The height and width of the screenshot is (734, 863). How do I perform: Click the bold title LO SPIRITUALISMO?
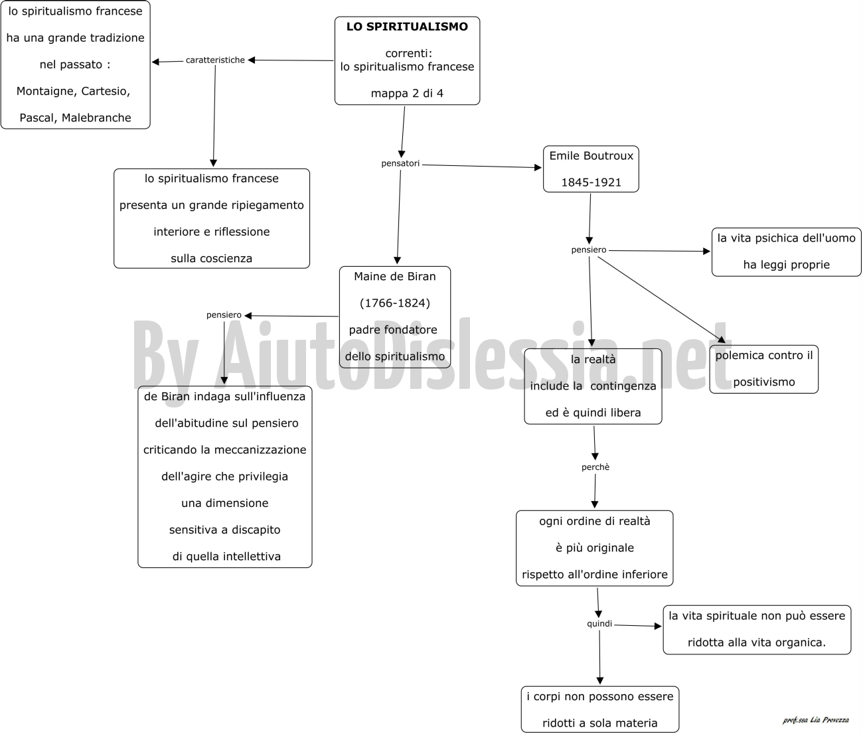pyautogui.click(x=407, y=27)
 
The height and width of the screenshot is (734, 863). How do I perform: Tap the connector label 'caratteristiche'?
pyautogui.click(x=215, y=60)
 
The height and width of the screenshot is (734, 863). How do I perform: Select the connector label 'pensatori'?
pyautogui.click(x=400, y=163)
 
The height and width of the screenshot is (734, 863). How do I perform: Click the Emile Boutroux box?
pyautogui.click(x=591, y=169)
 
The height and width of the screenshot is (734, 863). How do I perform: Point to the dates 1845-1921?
pyautogui.click(x=591, y=183)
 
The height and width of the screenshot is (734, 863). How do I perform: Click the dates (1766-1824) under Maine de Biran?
pyautogui.click(x=395, y=303)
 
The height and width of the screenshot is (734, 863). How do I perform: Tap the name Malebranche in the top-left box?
pyautogui.click(x=96, y=117)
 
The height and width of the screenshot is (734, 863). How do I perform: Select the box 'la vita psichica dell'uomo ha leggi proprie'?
pyautogui.click(x=787, y=252)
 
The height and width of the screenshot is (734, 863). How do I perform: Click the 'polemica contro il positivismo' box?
pyautogui.click(x=764, y=369)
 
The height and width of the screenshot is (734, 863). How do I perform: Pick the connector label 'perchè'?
pyautogui.click(x=595, y=467)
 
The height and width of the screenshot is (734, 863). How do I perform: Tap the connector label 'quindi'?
pyautogui.click(x=599, y=624)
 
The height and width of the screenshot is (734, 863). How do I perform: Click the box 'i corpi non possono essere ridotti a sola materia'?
pyautogui.click(x=600, y=709)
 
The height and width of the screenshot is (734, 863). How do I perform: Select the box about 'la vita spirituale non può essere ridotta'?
pyautogui.click(x=757, y=630)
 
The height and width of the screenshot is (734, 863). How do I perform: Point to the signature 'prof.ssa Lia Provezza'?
pyautogui.click(x=816, y=720)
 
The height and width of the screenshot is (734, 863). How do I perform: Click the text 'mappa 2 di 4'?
pyautogui.click(x=407, y=93)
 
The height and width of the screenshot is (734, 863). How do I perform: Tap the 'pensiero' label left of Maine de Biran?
pyautogui.click(x=224, y=315)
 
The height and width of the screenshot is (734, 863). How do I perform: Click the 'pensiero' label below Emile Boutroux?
pyautogui.click(x=589, y=250)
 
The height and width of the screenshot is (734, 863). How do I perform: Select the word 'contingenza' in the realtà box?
pyautogui.click(x=623, y=386)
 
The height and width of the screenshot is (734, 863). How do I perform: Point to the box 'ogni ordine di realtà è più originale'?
pyautogui.click(x=595, y=548)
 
